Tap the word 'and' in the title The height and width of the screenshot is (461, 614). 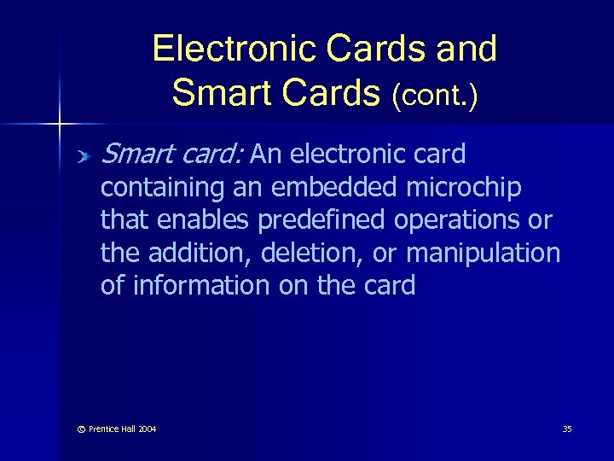(x=464, y=49)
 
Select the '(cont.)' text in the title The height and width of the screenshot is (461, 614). (x=435, y=96)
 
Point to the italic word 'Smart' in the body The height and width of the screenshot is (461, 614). (x=136, y=155)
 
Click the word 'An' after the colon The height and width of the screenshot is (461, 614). (x=268, y=155)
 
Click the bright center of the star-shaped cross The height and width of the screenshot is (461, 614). (x=59, y=125)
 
